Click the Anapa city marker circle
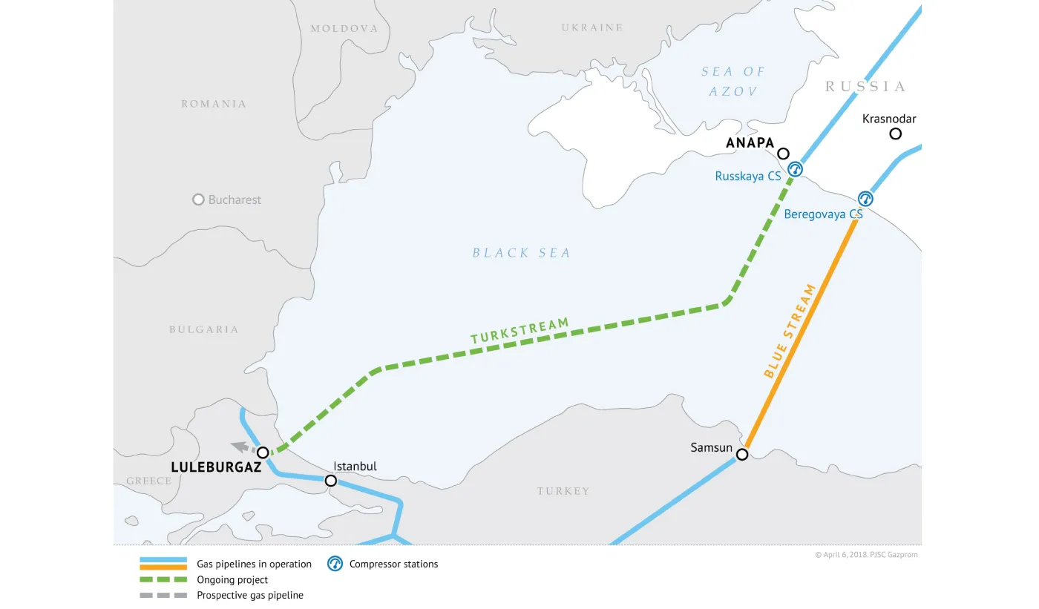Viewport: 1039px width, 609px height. click(x=783, y=154)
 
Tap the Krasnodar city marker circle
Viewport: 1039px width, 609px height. click(x=896, y=134)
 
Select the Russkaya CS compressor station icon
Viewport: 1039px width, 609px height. click(x=795, y=169)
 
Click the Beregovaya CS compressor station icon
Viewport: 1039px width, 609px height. click(x=865, y=199)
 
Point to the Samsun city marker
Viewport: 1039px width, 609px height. click(x=742, y=454)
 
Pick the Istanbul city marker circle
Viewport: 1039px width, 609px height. click(x=331, y=481)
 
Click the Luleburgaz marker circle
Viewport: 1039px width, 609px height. click(x=262, y=452)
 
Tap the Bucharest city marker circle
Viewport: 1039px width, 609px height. click(x=198, y=200)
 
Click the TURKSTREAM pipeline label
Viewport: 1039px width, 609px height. click(x=519, y=331)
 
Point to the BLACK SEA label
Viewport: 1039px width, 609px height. click(x=522, y=253)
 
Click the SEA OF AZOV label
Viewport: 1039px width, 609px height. click(x=733, y=82)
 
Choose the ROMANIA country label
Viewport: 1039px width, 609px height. click(x=214, y=104)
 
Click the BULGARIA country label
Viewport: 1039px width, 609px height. click(x=203, y=329)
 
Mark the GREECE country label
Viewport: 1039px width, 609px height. click(x=148, y=481)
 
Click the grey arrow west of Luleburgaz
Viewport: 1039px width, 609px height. click(x=240, y=447)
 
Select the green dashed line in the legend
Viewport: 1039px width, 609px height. click(x=163, y=580)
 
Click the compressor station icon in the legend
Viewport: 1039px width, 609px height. click(x=335, y=564)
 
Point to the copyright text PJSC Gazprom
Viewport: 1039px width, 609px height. click(x=866, y=555)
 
